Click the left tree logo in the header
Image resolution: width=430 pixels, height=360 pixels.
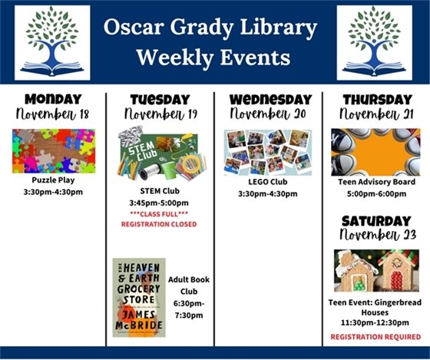(x=51, y=42)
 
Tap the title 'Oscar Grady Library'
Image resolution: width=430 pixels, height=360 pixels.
(x=211, y=29)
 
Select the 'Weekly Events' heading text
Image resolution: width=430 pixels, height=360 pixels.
(x=211, y=58)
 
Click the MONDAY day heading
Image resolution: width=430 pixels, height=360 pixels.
(x=53, y=99)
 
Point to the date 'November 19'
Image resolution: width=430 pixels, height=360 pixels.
(x=159, y=114)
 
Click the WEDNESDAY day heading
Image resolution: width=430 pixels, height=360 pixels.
(x=268, y=99)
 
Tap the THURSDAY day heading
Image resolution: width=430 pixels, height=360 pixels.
(x=376, y=99)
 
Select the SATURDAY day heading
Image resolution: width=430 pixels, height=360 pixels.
(x=376, y=220)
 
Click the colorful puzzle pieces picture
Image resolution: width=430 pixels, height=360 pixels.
(x=53, y=150)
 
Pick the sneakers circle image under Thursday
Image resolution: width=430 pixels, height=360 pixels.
(x=376, y=151)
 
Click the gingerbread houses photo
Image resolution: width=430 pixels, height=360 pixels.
(x=376, y=270)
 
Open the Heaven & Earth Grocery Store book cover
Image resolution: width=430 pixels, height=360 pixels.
(x=138, y=297)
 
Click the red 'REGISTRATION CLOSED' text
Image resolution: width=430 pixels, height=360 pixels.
(x=159, y=223)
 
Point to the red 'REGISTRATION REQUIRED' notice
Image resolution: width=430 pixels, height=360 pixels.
(x=376, y=337)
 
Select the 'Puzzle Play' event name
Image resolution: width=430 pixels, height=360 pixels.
(x=53, y=180)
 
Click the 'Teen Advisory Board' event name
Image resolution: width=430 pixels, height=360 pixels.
(x=376, y=183)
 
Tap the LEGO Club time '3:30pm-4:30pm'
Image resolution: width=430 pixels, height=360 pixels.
(x=267, y=193)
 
